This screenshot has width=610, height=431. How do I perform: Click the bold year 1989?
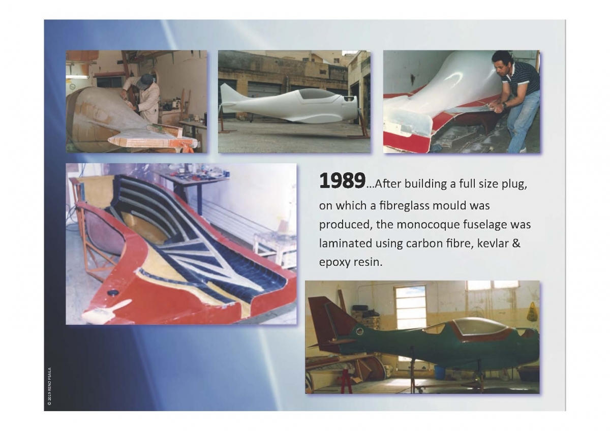click(x=342, y=181)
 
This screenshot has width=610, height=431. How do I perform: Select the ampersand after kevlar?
click(x=516, y=243)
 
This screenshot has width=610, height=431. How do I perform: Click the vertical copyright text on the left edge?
click(x=49, y=386)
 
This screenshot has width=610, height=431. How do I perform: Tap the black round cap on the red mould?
click(x=113, y=292)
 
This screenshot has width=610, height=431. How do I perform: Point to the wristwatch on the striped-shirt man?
click(x=504, y=105)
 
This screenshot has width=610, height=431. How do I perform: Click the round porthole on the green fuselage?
click(x=360, y=331)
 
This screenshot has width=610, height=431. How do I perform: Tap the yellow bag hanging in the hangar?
click(x=532, y=311)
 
